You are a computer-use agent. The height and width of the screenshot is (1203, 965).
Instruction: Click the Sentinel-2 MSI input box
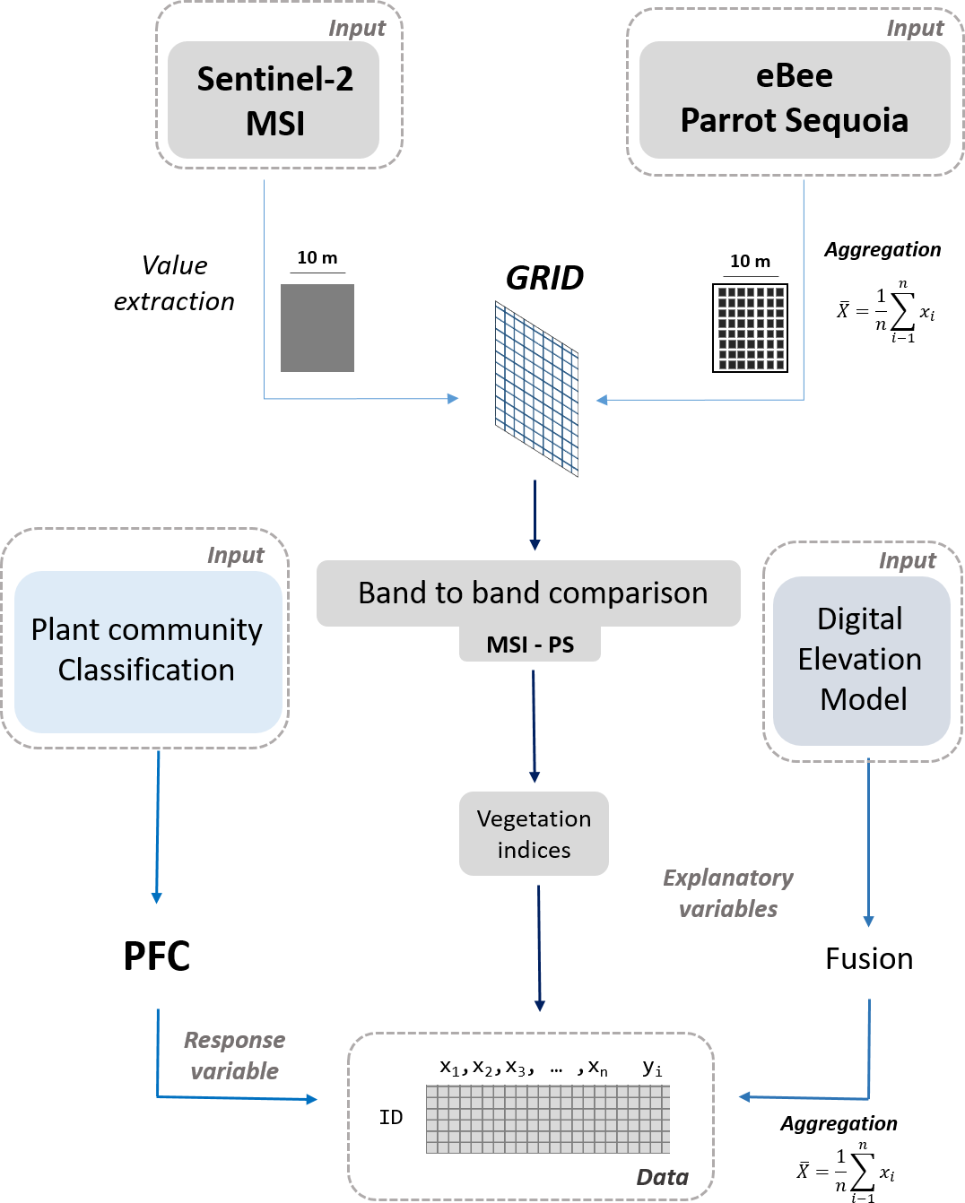coord(274,100)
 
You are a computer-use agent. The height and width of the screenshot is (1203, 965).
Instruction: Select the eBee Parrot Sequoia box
coord(795,99)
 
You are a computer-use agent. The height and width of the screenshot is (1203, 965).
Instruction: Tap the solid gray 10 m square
coord(317,328)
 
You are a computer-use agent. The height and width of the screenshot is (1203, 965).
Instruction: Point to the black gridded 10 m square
coord(750,328)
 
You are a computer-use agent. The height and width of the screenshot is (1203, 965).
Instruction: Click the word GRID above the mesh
coord(544,279)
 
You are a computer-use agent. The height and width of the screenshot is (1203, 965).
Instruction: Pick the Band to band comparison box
coord(529,593)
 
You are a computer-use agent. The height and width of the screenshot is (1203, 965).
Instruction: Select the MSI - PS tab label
coord(530,645)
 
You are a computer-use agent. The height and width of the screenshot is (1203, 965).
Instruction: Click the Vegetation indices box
coord(534,834)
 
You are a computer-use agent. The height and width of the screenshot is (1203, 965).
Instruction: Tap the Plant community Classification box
coord(148,650)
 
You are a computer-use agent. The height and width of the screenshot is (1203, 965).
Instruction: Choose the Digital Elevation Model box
coord(861,660)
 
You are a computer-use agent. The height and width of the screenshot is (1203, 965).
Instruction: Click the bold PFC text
coord(157,956)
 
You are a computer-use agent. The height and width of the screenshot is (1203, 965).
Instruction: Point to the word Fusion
coord(869,959)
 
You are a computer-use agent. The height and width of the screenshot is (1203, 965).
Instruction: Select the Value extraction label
coord(174,283)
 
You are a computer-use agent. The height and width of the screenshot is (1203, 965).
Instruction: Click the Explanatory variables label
coord(728,893)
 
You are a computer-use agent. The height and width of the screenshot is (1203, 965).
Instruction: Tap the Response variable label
coord(234,1055)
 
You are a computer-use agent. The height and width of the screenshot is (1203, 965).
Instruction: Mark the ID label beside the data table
coord(391,1117)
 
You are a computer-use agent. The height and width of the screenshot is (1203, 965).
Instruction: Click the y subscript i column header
coord(652,1068)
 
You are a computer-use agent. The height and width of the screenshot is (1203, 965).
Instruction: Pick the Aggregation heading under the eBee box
coord(882,250)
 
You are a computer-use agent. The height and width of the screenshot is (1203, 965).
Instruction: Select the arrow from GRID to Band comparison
coord(535,515)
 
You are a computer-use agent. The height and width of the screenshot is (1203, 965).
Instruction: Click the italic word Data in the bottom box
coord(662,1177)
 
